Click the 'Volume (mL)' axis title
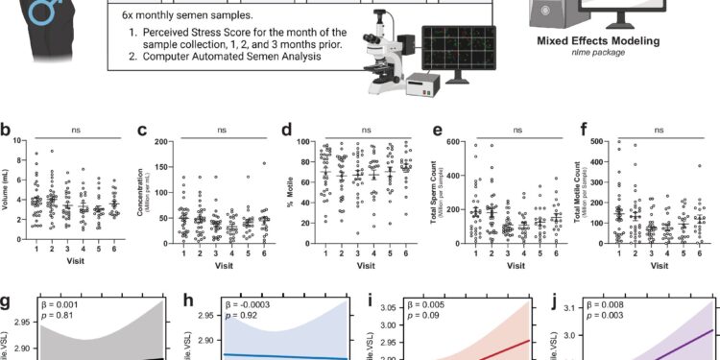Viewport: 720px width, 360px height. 7,186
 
